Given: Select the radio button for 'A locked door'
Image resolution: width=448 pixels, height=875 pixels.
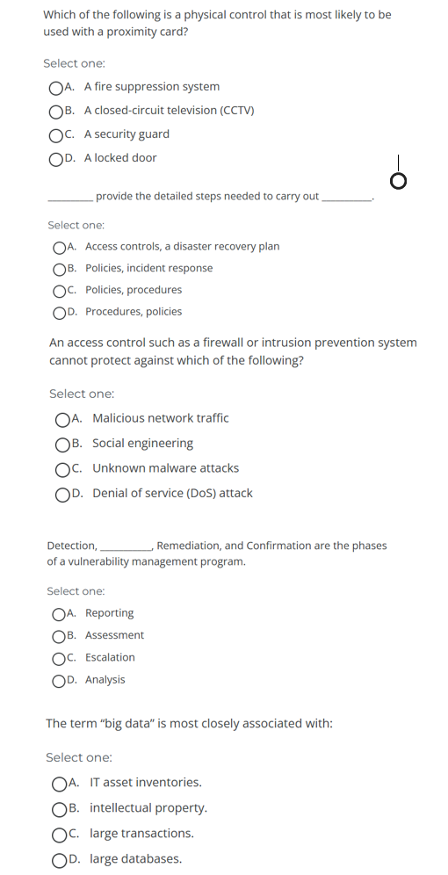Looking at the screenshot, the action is (x=56, y=158).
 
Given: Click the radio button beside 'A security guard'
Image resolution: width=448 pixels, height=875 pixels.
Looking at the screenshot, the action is (x=56, y=134).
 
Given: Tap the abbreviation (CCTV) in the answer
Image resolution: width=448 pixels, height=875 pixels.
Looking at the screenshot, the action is (x=237, y=111).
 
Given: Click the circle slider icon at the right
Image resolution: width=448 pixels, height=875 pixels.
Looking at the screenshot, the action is (x=399, y=181).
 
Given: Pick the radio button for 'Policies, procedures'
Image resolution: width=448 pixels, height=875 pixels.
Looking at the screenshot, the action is (x=59, y=290).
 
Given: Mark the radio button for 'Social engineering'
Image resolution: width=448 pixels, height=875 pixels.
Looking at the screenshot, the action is (x=62, y=444).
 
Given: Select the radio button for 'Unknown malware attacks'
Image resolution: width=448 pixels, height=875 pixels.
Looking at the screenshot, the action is (x=62, y=468).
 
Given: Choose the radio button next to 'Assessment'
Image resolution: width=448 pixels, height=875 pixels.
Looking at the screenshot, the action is (x=59, y=635).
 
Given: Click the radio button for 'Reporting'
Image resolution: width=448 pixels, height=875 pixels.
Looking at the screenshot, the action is (x=59, y=613).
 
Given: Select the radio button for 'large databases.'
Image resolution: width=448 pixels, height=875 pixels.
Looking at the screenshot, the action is (x=59, y=859).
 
